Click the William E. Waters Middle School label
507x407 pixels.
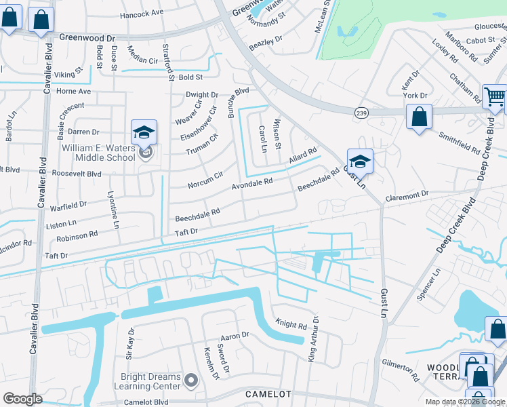(99, 153)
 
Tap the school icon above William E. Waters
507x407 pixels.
(144, 132)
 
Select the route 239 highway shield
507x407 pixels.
(361, 113)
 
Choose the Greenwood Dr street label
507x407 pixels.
(87, 39)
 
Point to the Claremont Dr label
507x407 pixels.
(407, 194)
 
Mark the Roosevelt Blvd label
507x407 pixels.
(77, 174)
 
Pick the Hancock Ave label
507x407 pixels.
(142, 13)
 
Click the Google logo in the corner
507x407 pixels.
(22, 399)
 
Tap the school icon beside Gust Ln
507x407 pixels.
(360, 161)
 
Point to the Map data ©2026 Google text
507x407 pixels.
(465, 402)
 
